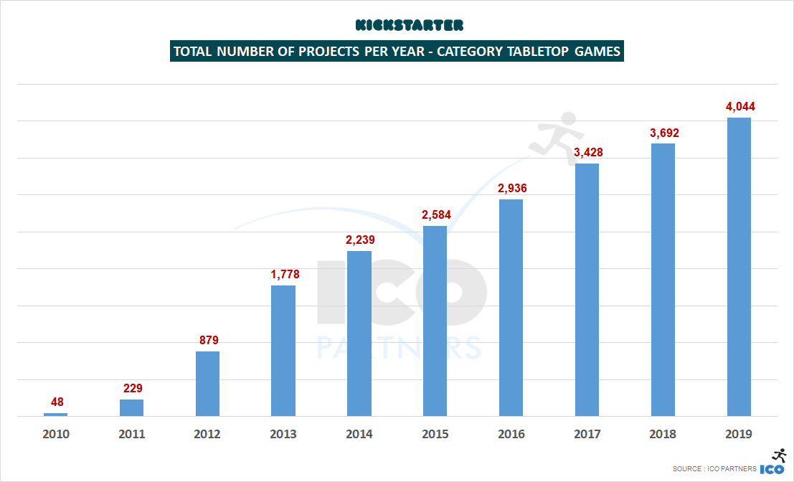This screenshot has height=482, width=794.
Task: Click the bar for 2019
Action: point(739,266)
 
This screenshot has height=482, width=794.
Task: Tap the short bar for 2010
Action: point(55,414)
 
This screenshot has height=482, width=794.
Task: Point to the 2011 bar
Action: point(131,407)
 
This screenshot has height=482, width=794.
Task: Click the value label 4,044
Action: point(739,107)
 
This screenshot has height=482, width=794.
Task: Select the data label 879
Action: point(208,340)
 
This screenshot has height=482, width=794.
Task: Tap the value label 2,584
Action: point(435,214)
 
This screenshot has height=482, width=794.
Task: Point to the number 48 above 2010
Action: point(55,402)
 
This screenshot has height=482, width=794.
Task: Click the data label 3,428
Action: point(587,152)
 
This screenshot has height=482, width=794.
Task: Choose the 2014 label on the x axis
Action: point(359,434)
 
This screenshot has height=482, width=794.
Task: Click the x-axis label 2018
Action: point(663,434)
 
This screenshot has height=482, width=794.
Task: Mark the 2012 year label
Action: point(208,434)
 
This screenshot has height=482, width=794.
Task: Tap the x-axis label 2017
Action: point(587,434)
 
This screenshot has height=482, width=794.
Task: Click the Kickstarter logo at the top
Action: point(410,26)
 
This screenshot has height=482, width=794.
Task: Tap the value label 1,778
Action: point(283,274)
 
